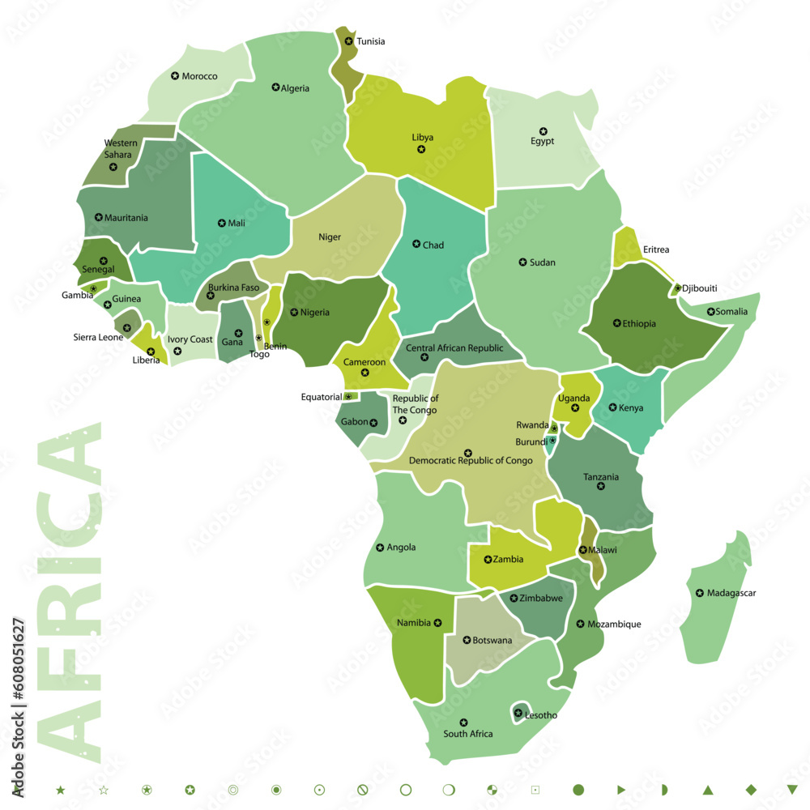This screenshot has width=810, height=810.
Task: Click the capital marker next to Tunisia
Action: [348, 41]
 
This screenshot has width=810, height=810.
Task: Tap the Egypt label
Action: [542, 142]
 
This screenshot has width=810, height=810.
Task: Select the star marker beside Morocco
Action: [175, 76]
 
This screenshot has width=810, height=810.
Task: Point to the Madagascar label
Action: [731, 593]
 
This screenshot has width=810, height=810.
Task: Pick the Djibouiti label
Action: [699, 288]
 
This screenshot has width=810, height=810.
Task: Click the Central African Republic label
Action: [454, 348]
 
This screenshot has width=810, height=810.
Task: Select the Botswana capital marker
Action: [467, 640]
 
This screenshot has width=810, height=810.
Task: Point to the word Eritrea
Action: [656, 250]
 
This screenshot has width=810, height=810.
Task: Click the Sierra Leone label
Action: [98, 337]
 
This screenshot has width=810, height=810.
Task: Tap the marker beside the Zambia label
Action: [488, 559]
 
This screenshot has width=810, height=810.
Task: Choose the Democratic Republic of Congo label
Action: [471, 461]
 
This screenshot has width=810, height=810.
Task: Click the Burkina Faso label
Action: [233, 288]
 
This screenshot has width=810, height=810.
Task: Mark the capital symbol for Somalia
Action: [710, 312]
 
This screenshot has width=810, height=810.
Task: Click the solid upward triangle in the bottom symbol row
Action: [707, 789]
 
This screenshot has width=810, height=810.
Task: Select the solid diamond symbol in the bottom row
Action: [751, 789]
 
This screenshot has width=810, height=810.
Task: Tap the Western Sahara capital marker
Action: [113, 167]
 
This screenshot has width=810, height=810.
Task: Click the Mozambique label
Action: [614, 625]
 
